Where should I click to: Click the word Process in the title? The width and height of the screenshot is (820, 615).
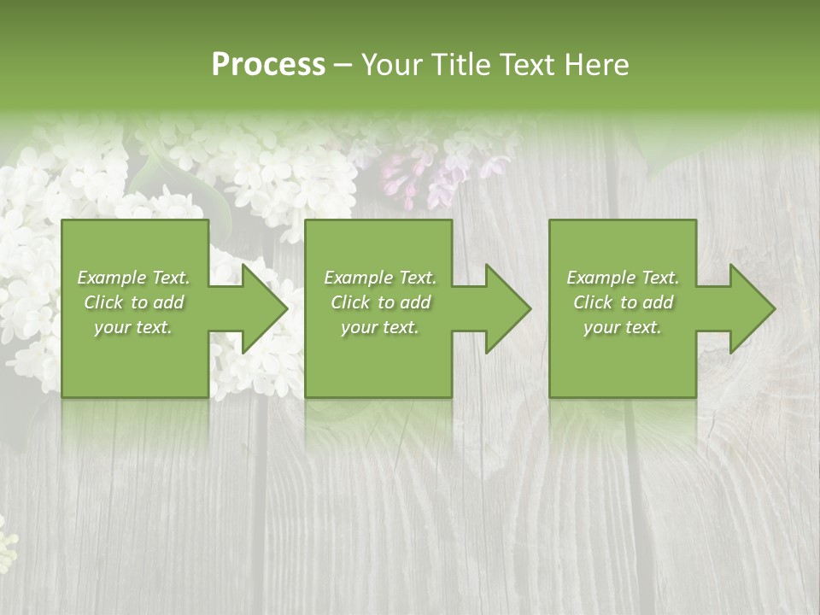268,65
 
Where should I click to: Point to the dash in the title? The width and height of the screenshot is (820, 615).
343,66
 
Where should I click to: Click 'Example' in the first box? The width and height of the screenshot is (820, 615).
111,278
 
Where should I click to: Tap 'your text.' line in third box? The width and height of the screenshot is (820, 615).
622,327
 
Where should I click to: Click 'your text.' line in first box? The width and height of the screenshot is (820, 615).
133,327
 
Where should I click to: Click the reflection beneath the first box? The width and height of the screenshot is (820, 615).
135,423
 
